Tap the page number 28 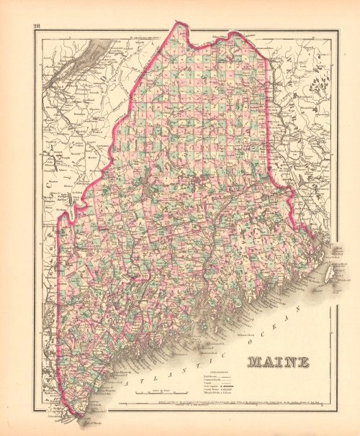[37, 27]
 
